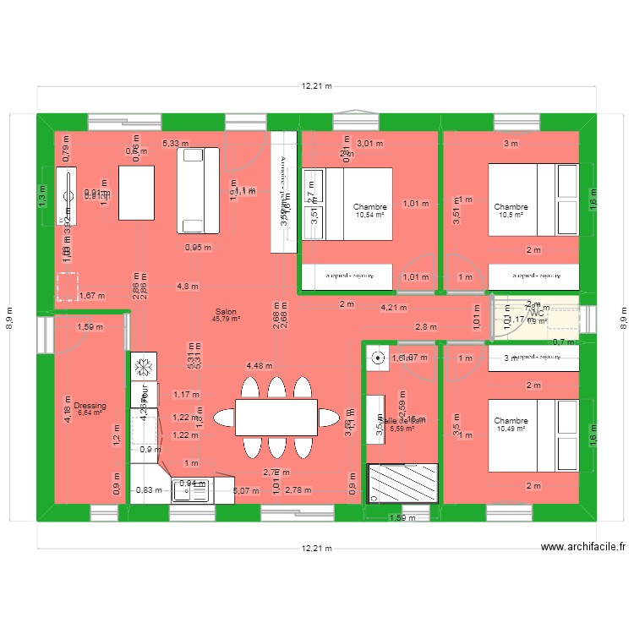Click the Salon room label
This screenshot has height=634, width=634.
click(x=226, y=311)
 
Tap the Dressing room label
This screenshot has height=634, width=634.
click(x=90, y=406)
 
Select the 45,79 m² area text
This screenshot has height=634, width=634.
click(x=226, y=319)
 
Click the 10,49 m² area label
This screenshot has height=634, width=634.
click(x=511, y=429)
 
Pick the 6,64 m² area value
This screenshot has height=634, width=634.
click(x=90, y=413)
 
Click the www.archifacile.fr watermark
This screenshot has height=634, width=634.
click(x=583, y=547)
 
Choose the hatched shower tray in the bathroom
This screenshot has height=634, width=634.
click(x=402, y=484)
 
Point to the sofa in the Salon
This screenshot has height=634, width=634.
click(x=199, y=189)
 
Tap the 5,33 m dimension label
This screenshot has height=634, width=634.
click(x=176, y=145)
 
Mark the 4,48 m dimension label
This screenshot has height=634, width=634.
click(x=260, y=366)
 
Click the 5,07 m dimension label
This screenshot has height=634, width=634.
click(x=246, y=490)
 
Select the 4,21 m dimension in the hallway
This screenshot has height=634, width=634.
click(x=393, y=308)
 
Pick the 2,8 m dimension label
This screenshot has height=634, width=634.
click(x=425, y=327)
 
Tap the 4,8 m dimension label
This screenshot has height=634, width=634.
click(x=189, y=286)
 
